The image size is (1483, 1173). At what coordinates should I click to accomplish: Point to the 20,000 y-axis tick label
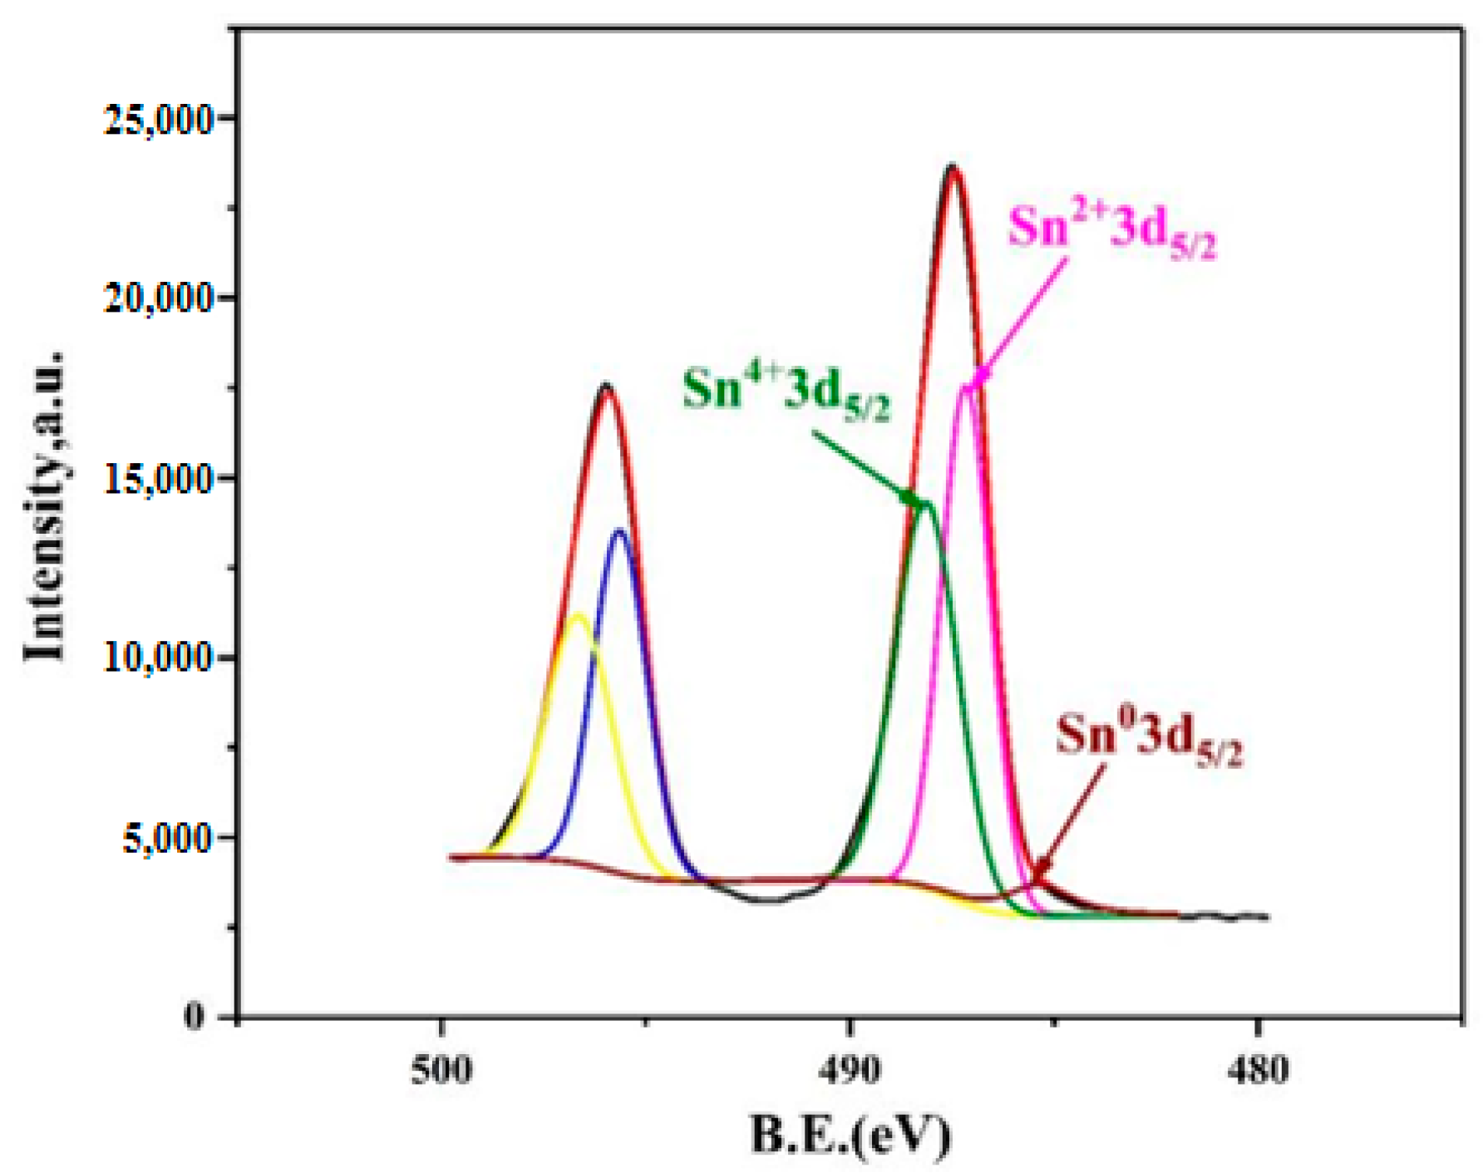(159, 298)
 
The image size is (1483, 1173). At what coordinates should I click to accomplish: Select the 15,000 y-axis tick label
(159, 480)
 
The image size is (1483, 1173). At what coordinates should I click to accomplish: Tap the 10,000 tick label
(159, 658)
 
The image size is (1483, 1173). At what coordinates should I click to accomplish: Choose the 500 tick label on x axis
(441, 1070)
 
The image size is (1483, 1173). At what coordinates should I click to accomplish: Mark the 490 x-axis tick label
(849, 1070)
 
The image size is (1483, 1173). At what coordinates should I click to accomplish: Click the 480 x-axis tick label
(1258, 1070)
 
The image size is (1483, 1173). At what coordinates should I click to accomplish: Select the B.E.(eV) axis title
(850, 1136)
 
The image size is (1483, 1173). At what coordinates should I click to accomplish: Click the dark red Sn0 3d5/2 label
(1149, 740)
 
